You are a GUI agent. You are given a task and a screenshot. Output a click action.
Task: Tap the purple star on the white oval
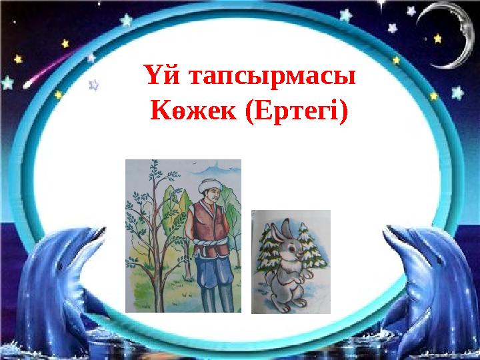tap(94, 85)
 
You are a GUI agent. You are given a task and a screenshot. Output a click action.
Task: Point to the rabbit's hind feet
tap(284, 303)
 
